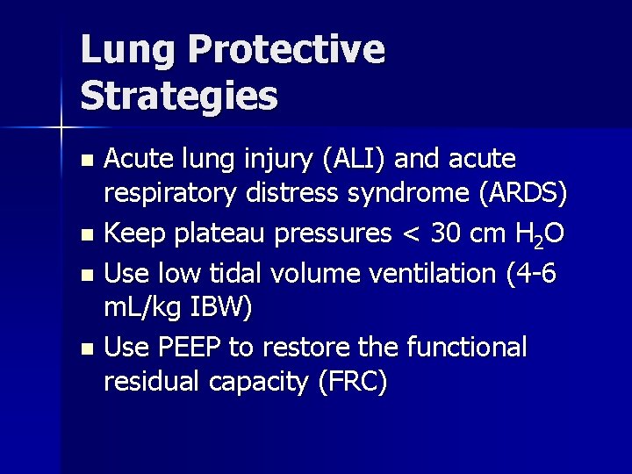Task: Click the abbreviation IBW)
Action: pos(229,309)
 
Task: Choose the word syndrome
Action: pos(405,196)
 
